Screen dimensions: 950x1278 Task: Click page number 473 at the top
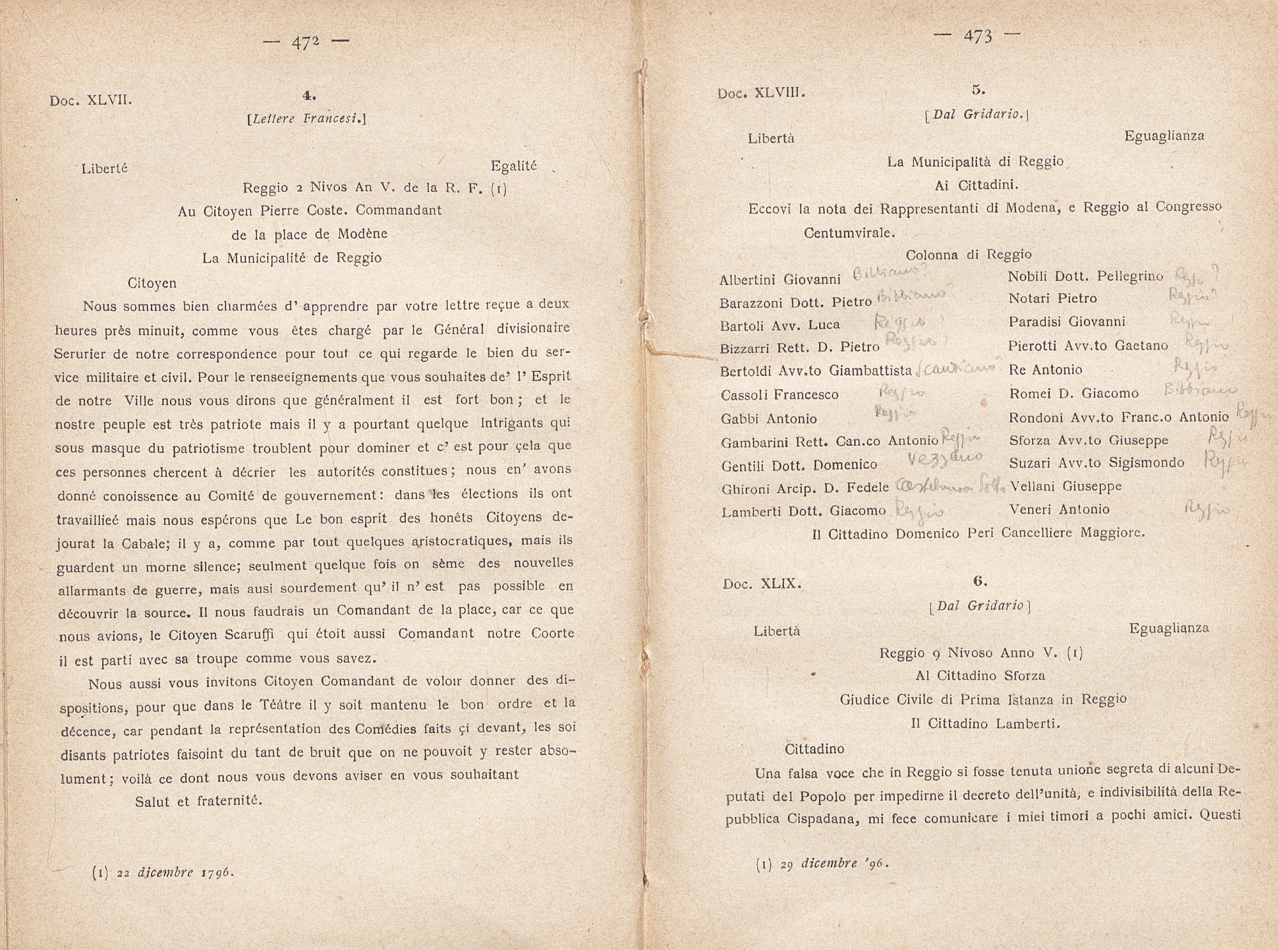point(977,37)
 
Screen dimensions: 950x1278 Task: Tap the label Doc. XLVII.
point(91,100)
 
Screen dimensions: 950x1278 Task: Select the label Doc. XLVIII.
point(761,93)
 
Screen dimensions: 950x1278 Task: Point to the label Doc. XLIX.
point(762,584)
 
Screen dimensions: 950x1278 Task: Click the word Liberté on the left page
point(105,169)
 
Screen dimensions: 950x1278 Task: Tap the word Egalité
point(514,166)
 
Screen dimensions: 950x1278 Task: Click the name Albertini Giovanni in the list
point(780,280)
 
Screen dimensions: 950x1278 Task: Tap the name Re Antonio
point(1045,370)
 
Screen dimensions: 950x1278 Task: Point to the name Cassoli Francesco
point(780,395)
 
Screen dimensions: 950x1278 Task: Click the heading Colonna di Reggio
point(969,255)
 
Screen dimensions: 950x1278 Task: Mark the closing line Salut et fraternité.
point(199,801)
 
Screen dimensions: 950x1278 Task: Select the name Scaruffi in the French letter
point(249,635)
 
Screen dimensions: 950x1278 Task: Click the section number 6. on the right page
point(980,581)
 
